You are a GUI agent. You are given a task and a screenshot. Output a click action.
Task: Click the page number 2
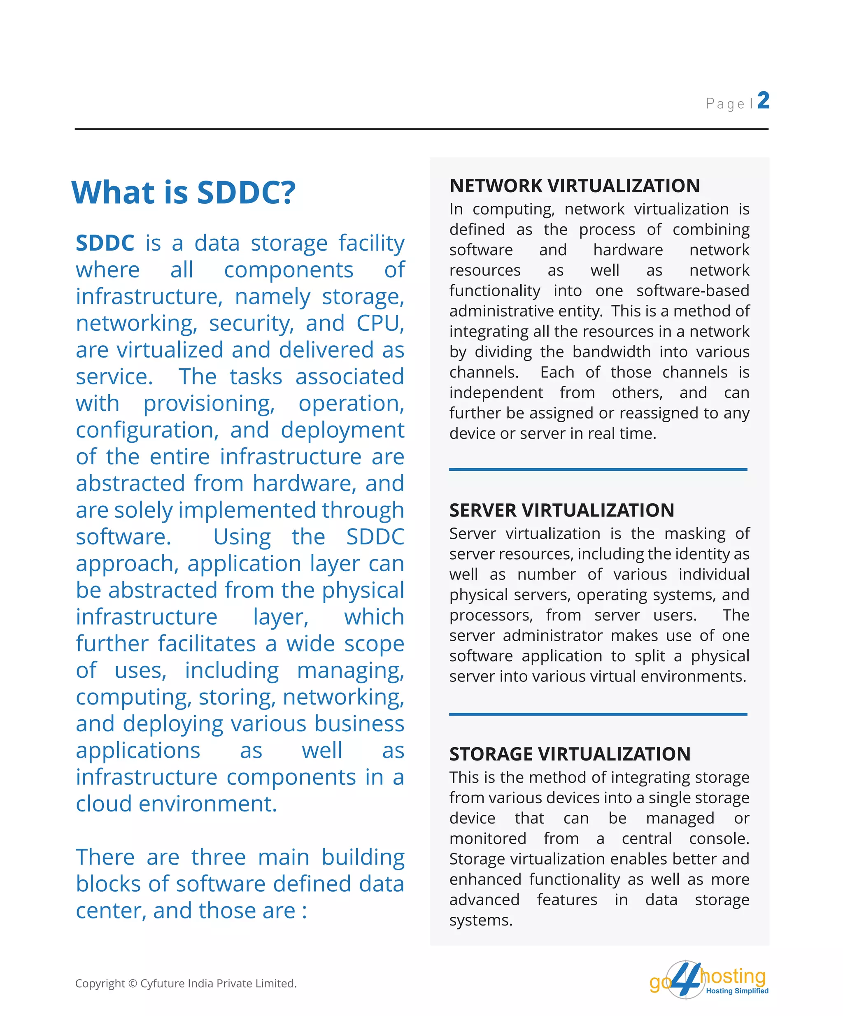(x=763, y=101)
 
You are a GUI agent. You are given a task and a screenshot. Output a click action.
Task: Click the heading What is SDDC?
(x=184, y=192)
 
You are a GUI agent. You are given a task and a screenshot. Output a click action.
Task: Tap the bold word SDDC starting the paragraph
(x=105, y=243)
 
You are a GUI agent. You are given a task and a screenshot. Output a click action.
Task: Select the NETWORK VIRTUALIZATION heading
(x=575, y=186)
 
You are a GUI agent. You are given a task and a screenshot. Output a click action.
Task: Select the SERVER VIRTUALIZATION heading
(x=561, y=510)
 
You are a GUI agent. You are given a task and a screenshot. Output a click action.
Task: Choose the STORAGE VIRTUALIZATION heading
(x=570, y=754)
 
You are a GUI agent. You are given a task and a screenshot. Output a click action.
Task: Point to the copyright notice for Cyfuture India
(x=186, y=983)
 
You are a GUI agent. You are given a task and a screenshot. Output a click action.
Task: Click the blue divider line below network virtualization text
(x=598, y=469)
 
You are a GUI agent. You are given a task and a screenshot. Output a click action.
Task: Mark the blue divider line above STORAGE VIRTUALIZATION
(x=598, y=714)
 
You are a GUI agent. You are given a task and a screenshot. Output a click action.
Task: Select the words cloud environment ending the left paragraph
(x=176, y=804)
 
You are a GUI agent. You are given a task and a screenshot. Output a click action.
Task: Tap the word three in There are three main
(x=218, y=857)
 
